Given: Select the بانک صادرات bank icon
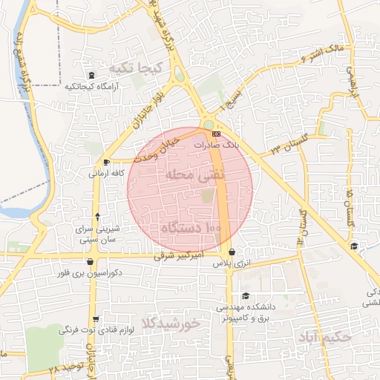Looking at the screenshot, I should pyautogui.click(x=216, y=134).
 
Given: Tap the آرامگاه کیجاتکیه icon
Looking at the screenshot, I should pyautogui.click(x=91, y=75).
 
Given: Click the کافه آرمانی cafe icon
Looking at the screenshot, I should pyautogui.click(x=107, y=162).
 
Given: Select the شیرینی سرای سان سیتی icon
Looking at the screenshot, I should pyautogui.click(x=98, y=217).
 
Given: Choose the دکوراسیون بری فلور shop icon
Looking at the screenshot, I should pyautogui.click(x=91, y=261).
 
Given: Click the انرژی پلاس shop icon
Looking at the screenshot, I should pyautogui.click(x=232, y=252).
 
